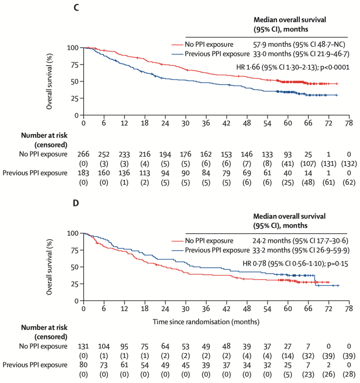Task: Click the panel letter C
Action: pyautogui.click(x=76, y=8)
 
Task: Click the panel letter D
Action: pyautogui.click(x=76, y=203)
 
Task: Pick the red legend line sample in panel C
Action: pyautogui.click(x=177, y=45)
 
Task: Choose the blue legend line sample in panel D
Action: pyautogui.click(x=177, y=250)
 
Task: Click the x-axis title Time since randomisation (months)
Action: pyautogui.click(x=206, y=322)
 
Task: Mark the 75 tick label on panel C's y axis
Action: pyautogui.click(x=74, y=65)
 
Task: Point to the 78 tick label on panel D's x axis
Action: pyautogui.click(x=349, y=309)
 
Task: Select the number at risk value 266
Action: pyautogui.click(x=83, y=154)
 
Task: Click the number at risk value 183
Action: pyautogui.click(x=83, y=173)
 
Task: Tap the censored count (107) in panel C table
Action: pyautogui.click(x=308, y=164)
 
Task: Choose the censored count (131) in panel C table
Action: pyautogui.click(x=329, y=164)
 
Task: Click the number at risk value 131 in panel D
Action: pyautogui.click(x=83, y=346)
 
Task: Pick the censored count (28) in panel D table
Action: pyautogui.click(x=349, y=374)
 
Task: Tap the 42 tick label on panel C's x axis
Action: pyautogui.click(x=226, y=123)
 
